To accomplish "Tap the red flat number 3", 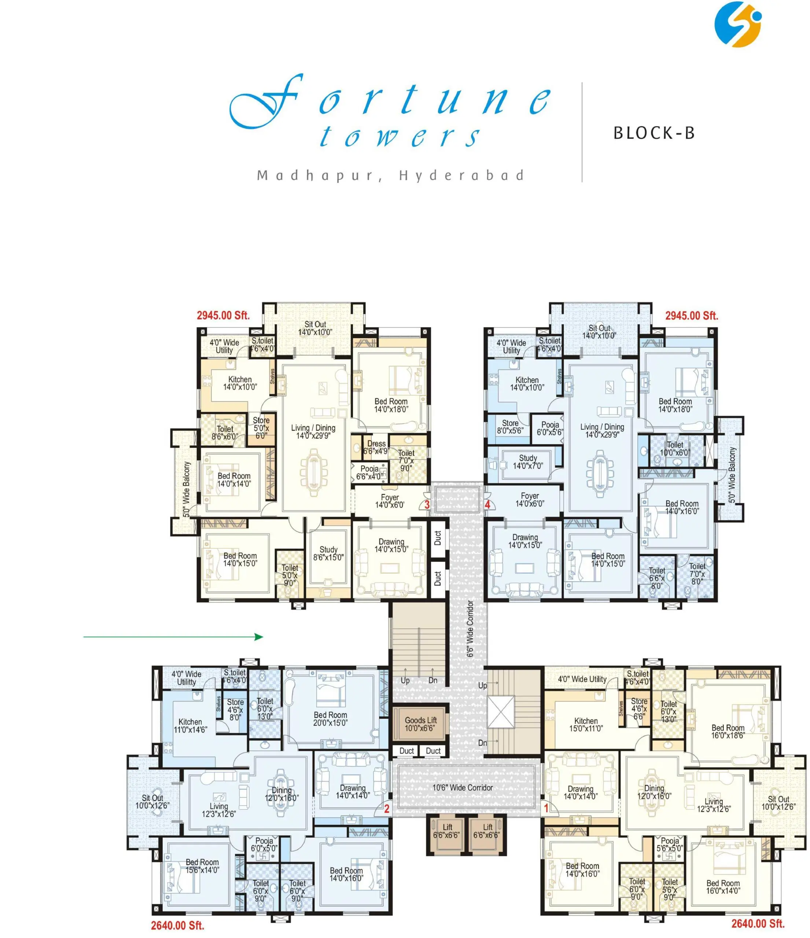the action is (x=427, y=504).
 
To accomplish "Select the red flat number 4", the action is (x=487, y=504).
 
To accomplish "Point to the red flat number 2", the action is (x=387, y=809).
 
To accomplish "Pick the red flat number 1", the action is (x=546, y=808).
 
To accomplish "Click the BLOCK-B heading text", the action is (x=654, y=133).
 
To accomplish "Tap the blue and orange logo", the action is (x=738, y=24).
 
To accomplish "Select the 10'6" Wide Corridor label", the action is (x=462, y=788).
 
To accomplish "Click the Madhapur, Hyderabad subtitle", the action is (x=390, y=176).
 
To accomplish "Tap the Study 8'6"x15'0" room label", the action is (x=328, y=554).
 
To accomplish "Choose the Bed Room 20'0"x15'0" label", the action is (x=330, y=719).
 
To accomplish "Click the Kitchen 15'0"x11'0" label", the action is (x=586, y=725).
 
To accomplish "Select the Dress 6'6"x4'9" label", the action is (x=376, y=447).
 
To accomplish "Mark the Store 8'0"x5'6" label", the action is (x=510, y=426).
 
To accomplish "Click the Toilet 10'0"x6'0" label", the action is (x=675, y=448).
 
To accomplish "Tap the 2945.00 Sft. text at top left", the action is (x=223, y=315).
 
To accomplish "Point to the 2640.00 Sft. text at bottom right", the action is (x=758, y=923).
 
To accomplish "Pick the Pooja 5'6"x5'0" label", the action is (x=670, y=845).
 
